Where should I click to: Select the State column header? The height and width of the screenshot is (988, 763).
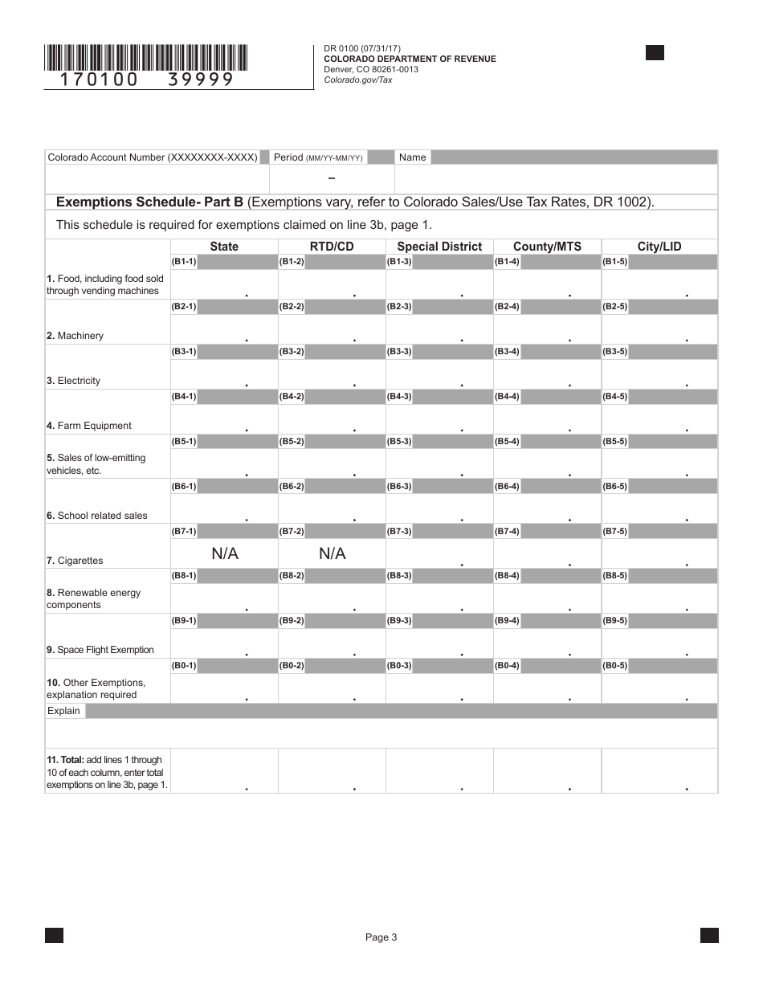pyautogui.click(x=224, y=247)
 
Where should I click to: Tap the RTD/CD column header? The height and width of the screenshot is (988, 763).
pyautogui.click(x=332, y=247)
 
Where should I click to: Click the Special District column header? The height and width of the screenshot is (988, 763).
pyautogui.click(x=439, y=247)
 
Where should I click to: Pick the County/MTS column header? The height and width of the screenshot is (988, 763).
pyautogui.click(x=547, y=247)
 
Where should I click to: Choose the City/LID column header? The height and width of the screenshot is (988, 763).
pyautogui.click(x=659, y=247)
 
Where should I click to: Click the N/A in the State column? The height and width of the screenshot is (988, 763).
pyautogui.click(x=225, y=553)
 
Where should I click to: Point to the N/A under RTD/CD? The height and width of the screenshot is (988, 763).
pyautogui.click(x=332, y=553)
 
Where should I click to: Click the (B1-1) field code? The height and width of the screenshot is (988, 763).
pyautogui.click(x=184, y=262)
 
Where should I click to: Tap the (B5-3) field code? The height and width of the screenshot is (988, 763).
pyautogui.click(x=398, y=442)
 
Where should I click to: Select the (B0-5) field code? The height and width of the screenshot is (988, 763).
pyautogui.click(x=614, y=666)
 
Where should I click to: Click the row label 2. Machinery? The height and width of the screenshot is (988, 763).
pyautogui.click(x=75, y=336)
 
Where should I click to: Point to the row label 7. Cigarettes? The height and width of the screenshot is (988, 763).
pyautogui.click(x=75, y=561)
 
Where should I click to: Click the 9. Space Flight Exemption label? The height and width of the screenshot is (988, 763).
pyautogui.click(x=100, y=650)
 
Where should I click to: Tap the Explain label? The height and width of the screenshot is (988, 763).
pyautogui.click(x=63, y=711)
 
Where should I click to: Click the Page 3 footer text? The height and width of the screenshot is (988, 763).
pyautogui.click(x=381, y=937)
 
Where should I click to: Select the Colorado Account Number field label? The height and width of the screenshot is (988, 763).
pyautogui.click(x=153, y=157)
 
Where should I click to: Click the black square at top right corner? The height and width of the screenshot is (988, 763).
pyautogui.click(x=655, y=53)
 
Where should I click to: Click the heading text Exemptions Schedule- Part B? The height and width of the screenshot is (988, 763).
pyautogui.click(x=149, y=202)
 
